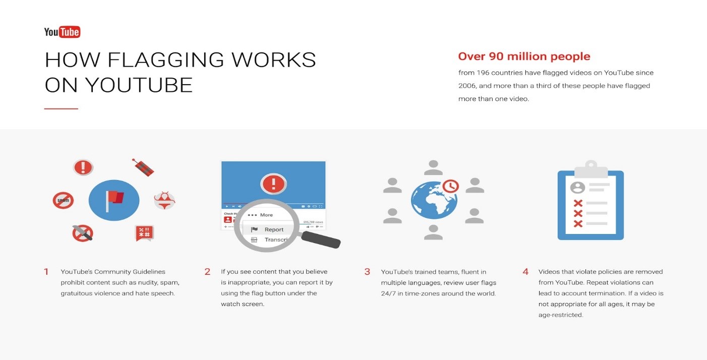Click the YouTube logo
click(x=62, y=32)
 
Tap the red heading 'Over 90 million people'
click(x=524, y=56)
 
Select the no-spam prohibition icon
click(x=63, y=200)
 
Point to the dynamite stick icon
click(x=143, y=167)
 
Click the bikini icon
click(x=164, y=200)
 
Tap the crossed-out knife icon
click(x=82, y=233)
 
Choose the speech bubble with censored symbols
click(x=145, y=233)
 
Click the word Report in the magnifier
click(x=274, y=229)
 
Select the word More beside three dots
click(x=266, y=215)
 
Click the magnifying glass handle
click(x=321, y=240)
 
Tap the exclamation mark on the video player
click(x=273, y=184)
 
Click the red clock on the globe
click(x=450, y=186)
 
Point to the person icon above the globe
click(x=433, y=167)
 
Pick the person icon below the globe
click(x=433, y=232)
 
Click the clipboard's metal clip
click(x=591, y=169)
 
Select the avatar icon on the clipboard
click(x=577, y=188)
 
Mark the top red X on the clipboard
click(x=578, y=203)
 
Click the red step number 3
click(x=367, y=272)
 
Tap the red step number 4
click(x=525, y=272)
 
